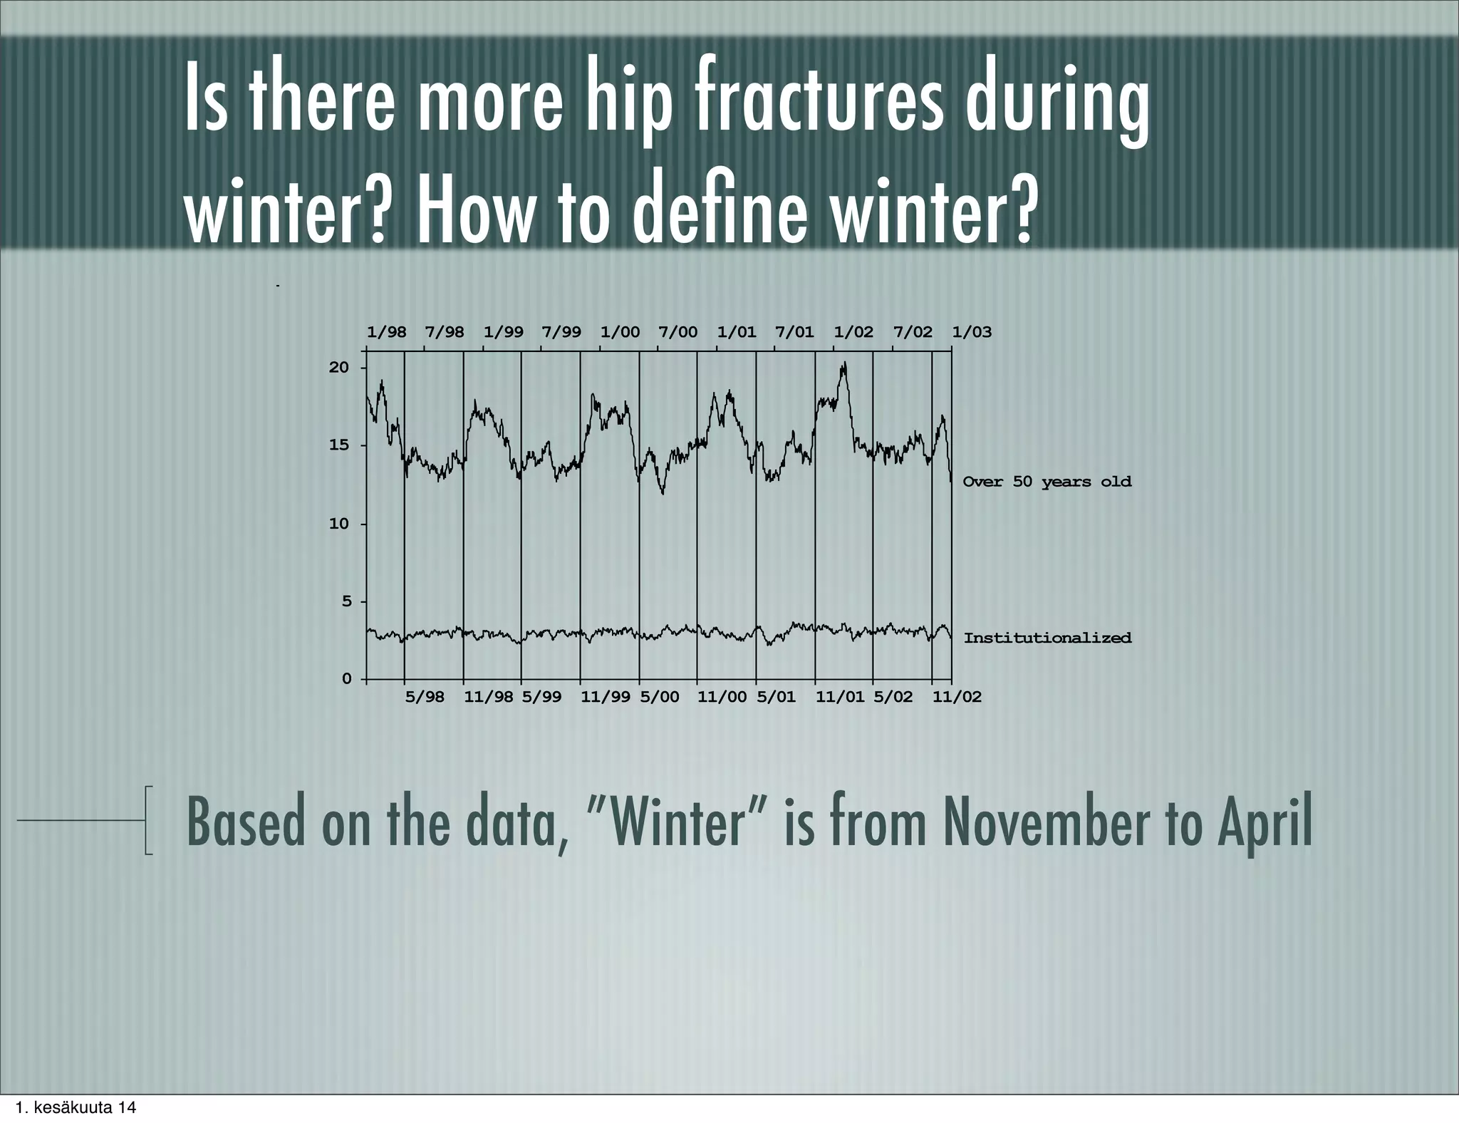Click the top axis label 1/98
pos(386,332)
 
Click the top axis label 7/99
pos(561,332)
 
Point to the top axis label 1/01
pos(737,332)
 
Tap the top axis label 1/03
pos(972,332)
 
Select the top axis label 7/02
pos(913,332)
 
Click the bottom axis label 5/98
pos(425,697)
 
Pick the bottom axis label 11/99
pos(606,697)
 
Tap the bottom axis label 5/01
pos(776,697)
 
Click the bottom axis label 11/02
pos(957,697)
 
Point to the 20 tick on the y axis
pos(340,368)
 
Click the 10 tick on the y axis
pos(340,524)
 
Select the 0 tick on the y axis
pos(347,679)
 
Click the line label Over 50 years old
pos(1047,482)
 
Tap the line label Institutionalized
pos(1047,638)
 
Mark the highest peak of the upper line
pos(844,364)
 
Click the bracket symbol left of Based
pos(148,820)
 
